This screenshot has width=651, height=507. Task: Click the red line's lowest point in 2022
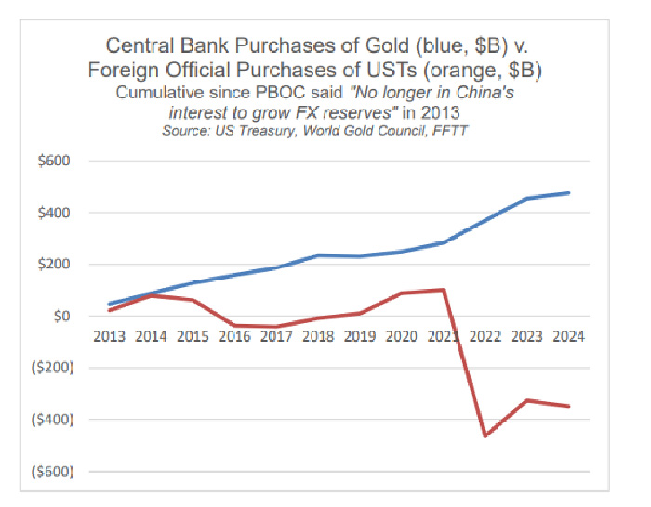tap(485, 435)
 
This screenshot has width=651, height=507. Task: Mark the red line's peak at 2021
tap(442, 290)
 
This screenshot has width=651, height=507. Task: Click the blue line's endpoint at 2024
tap(568, 193)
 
